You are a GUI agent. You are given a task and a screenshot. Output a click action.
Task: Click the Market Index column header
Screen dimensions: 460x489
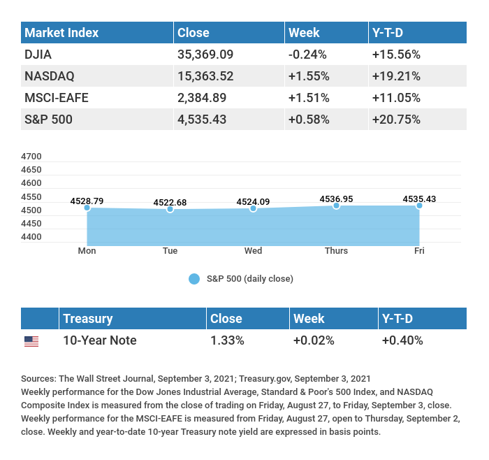click(x=61, y=33)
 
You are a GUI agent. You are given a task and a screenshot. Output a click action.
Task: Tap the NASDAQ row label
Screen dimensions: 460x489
click(x=49, y=76)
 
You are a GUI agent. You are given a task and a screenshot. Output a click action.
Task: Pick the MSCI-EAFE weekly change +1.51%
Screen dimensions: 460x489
click(x=308, y=98)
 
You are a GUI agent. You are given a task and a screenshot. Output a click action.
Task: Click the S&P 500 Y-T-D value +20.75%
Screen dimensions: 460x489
click(x=397, y=120)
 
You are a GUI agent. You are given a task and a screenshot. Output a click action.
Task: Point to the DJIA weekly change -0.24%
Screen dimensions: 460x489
click(x=308, y=55)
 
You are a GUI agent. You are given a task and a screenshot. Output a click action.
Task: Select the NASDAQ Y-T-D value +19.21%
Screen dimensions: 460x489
click(x=396, y=76)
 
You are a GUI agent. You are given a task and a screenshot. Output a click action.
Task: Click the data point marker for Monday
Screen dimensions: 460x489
click(x=87, y=208)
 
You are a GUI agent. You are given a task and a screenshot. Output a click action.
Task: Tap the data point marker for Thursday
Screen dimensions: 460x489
click(x=336, y=206)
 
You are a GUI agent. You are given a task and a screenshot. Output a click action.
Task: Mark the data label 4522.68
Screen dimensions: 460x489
click(x=170, y=203)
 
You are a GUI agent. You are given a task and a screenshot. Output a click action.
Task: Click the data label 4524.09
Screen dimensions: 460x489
click(x=253, y=202)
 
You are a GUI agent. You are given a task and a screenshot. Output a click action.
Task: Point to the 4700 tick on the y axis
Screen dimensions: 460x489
click(x=31, y=157)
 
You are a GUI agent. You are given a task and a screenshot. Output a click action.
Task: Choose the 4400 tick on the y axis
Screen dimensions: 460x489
click(x=31, y=237)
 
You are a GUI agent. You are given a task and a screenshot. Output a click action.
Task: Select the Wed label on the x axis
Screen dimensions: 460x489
click(x=253, y=251)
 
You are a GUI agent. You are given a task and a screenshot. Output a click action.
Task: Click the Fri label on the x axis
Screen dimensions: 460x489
click(x=419, y=251)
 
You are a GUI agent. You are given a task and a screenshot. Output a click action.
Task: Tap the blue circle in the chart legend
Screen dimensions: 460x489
click(x=194, y=279)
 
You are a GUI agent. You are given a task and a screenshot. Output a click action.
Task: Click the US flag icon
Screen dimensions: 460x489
click(x=31, y=341)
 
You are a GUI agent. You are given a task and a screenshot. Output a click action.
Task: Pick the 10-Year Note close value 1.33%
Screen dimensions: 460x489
click(x=227, y=341)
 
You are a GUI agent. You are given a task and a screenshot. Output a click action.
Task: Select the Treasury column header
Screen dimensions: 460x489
click(x=87, y=319)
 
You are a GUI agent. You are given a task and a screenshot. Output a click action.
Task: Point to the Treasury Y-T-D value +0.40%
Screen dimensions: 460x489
click(x=402, y=341)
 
